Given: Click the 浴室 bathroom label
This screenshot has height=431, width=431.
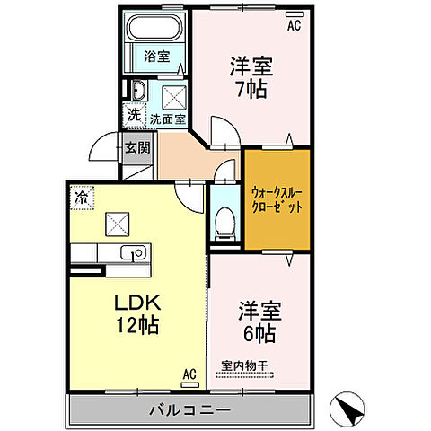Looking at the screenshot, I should click(157, 56).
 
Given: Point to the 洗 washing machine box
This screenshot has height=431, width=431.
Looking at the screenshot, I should click(133, 114).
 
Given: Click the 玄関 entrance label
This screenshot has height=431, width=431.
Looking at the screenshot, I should click(136, 149).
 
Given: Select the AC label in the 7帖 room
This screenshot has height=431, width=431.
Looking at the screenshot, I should click(293, 26).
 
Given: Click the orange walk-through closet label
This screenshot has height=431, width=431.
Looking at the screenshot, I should click(277, 198).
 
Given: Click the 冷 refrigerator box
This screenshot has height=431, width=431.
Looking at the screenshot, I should click(82, 196).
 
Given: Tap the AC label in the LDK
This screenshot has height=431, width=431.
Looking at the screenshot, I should click(189, 374).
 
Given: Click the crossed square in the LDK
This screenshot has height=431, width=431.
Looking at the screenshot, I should click(117, 221).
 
